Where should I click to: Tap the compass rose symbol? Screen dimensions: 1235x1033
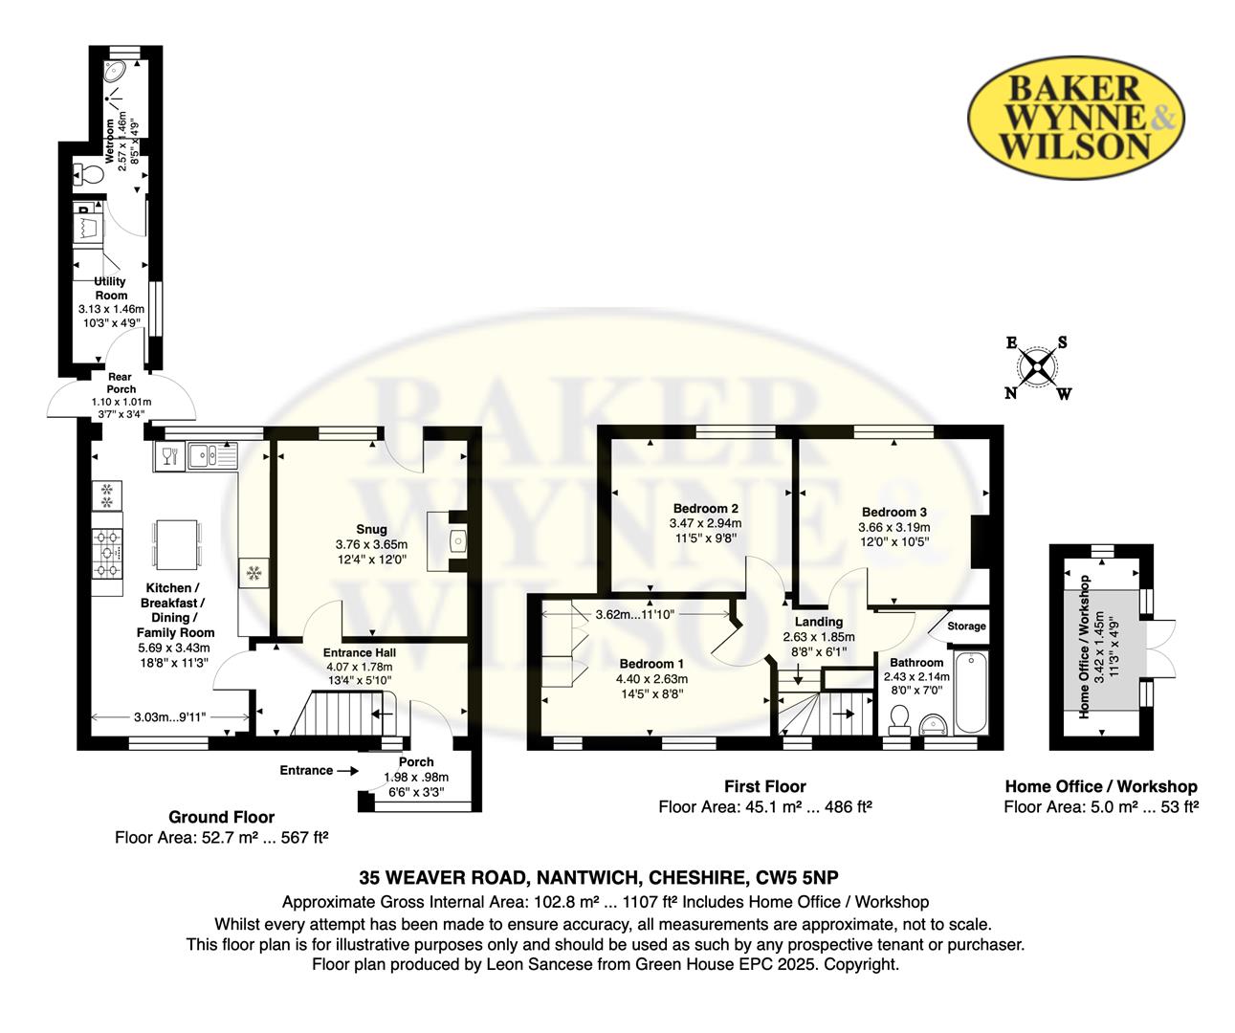pyautogui.click(x=1037, y=368)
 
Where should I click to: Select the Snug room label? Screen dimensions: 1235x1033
pyautogui.click(x=371, y=529)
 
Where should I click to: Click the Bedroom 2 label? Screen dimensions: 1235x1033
pyautogui.click(x=706, y=509)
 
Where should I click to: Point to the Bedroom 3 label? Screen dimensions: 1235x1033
pyautogui.click(x=894, y=512)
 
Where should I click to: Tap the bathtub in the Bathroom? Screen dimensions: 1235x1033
pyautogui.click(x=971, y=692)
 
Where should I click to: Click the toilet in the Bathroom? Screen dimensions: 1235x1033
pyautogui.click(x=899, y=719)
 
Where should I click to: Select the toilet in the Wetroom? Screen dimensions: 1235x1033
pyautogui.click(x=88, y=174)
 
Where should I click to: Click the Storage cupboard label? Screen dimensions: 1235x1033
pyautogui.click(x=966, y=626)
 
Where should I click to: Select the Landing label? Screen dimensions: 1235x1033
pyautogui.click(x=819, y=622)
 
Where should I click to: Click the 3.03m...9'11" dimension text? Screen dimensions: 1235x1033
pyautogui.click(x=169, y=717)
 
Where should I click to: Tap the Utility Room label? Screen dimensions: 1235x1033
pyautogui.click(x=111, y=288)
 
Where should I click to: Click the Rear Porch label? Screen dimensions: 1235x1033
pyautogui.click(x=121, y=383)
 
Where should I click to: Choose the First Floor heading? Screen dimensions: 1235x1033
pyautogui.click(x=765, y=786)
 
